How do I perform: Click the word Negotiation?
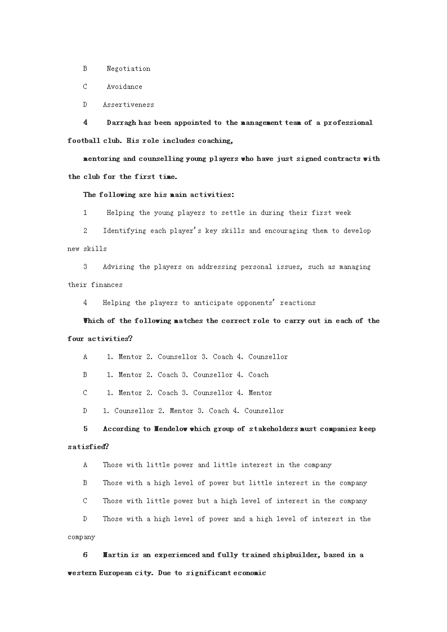(128, 69)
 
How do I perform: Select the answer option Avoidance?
(124, 87)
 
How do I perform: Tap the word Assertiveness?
(128, 105)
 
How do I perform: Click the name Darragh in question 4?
(120, 123)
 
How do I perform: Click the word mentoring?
(101, 159)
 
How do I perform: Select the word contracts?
(341, 159)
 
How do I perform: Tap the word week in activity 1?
(343, 213)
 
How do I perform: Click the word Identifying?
(124, 231)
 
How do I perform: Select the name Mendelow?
(170, 429)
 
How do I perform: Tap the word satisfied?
(87, 447)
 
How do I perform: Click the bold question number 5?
(86, 429)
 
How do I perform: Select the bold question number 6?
(86, 555)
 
